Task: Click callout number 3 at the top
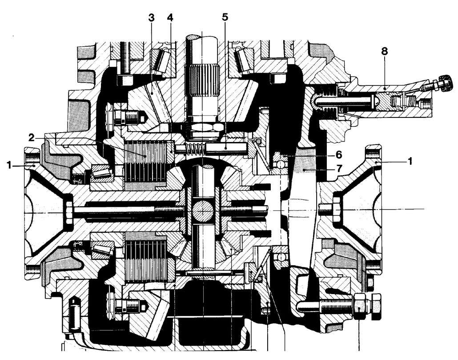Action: [151, 17]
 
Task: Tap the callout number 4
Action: [170, 17]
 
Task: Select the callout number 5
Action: [225, 17]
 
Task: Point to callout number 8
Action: [384, 51]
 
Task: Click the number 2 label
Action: [32, 137]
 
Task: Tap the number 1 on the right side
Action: [410, 161]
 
